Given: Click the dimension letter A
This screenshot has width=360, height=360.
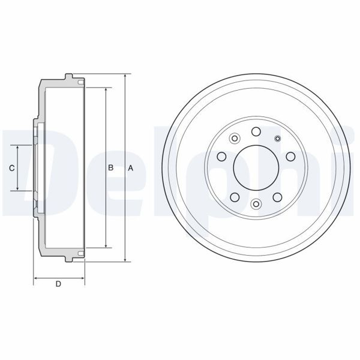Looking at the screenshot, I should [130, 169].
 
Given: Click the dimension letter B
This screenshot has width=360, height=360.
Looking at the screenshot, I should [110, 169].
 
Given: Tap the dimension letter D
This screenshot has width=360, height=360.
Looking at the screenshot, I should [58, 284].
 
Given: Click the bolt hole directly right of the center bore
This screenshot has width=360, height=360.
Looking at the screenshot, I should [290, 157].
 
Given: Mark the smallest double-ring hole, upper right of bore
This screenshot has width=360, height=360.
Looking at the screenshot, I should [277, 140].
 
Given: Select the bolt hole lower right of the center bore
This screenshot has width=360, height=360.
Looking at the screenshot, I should [277, 196].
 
